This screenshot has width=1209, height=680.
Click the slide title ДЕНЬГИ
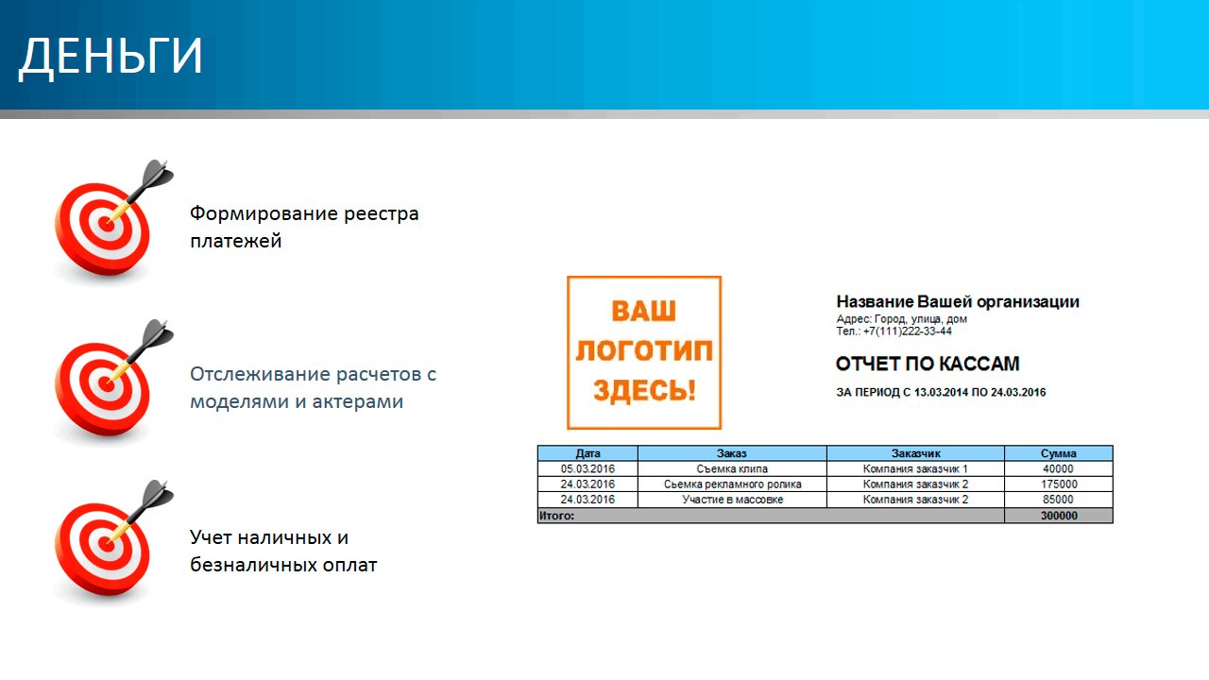point(111,57)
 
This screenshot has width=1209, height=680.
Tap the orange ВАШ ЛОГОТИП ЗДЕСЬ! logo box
point(644,352)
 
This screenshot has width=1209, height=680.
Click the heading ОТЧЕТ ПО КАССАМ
point(928,364)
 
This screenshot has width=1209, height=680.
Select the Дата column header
point(587,453)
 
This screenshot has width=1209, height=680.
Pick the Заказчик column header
point(915,453)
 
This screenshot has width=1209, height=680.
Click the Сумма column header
point(1059,453)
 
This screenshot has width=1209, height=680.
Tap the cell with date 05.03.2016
point(587,468)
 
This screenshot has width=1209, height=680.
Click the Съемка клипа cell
point(732,468)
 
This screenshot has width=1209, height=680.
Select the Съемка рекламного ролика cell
point(732,484)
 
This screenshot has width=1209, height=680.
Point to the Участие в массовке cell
point(732,500)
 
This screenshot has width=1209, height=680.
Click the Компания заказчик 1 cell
point(915,468)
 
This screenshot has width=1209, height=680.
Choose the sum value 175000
point(1059,484)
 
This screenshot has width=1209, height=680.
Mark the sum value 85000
point(1058,500)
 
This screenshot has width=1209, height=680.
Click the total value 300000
point(1059,516)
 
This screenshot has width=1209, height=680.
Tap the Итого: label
point(556,516)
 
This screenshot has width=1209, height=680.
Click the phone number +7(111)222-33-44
point(907,331)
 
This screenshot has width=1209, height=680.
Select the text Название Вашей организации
point(958,301)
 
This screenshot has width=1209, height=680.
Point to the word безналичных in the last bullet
point(253,565)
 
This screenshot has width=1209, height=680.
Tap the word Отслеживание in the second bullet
point(260,374)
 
